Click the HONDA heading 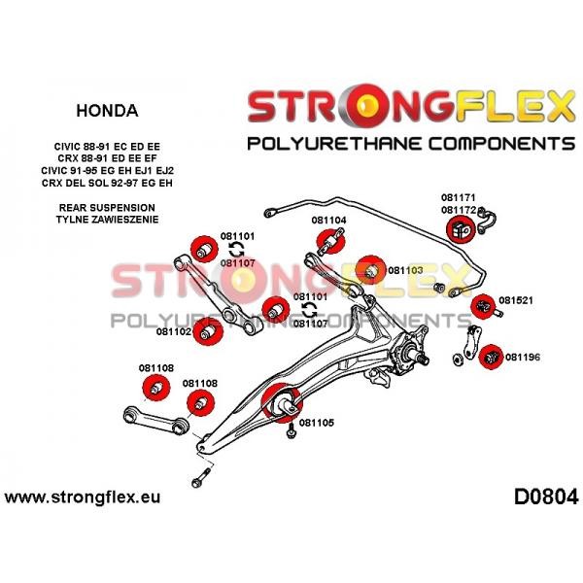[107, 111]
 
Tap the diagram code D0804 [546, 497]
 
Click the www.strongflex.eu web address [83, 497]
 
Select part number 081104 [328, 221]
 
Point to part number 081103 [405, 270]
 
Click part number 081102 [173, 331]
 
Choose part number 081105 [317, 423]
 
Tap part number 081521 [515, 300]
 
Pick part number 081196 [523, 358]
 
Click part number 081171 [459, 197]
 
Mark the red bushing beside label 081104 [330, 241]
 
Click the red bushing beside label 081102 [209, 331]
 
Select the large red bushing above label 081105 [282, 402]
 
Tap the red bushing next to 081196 [491, 358]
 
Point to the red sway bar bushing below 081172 [461, 229]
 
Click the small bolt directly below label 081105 [291, 432]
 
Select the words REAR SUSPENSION [107, 208]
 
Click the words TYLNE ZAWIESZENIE [107, 220]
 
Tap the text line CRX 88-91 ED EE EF [107, 158]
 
